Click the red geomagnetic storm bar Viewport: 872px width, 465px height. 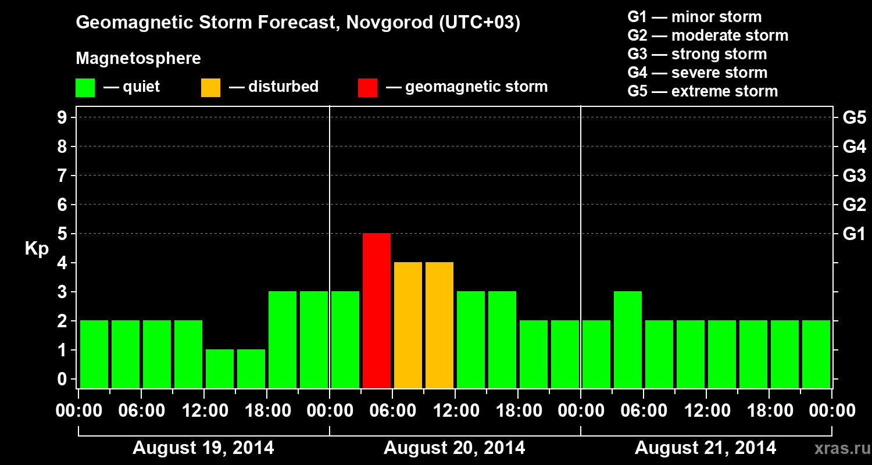click(x=377, y=310)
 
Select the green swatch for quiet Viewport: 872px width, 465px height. click(x=85, y=88)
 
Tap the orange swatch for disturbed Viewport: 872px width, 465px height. click(x=210, y=88)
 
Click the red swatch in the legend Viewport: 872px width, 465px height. click(x=367, y=88)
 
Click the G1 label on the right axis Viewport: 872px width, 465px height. click(x=854, y=234)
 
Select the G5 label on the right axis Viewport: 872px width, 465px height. click(x=854, y=117)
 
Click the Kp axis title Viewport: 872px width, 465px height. click(x=37, y=249)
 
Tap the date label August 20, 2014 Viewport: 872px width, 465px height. click(x=454, y=448)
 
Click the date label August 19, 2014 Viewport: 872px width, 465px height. click(x=203, y=448)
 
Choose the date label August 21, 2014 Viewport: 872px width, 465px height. click(x=705, y=448)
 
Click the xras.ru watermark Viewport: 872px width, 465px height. click(x=839, y=448)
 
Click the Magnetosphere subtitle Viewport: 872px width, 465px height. click(x=138, y=59)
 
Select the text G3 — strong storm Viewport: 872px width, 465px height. click(x=697, y=54)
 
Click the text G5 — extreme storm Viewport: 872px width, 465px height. click(x=702, y=91)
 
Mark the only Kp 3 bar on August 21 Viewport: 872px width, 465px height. click(x=628, y=339)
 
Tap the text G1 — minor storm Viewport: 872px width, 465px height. click(x=694, y=17)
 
